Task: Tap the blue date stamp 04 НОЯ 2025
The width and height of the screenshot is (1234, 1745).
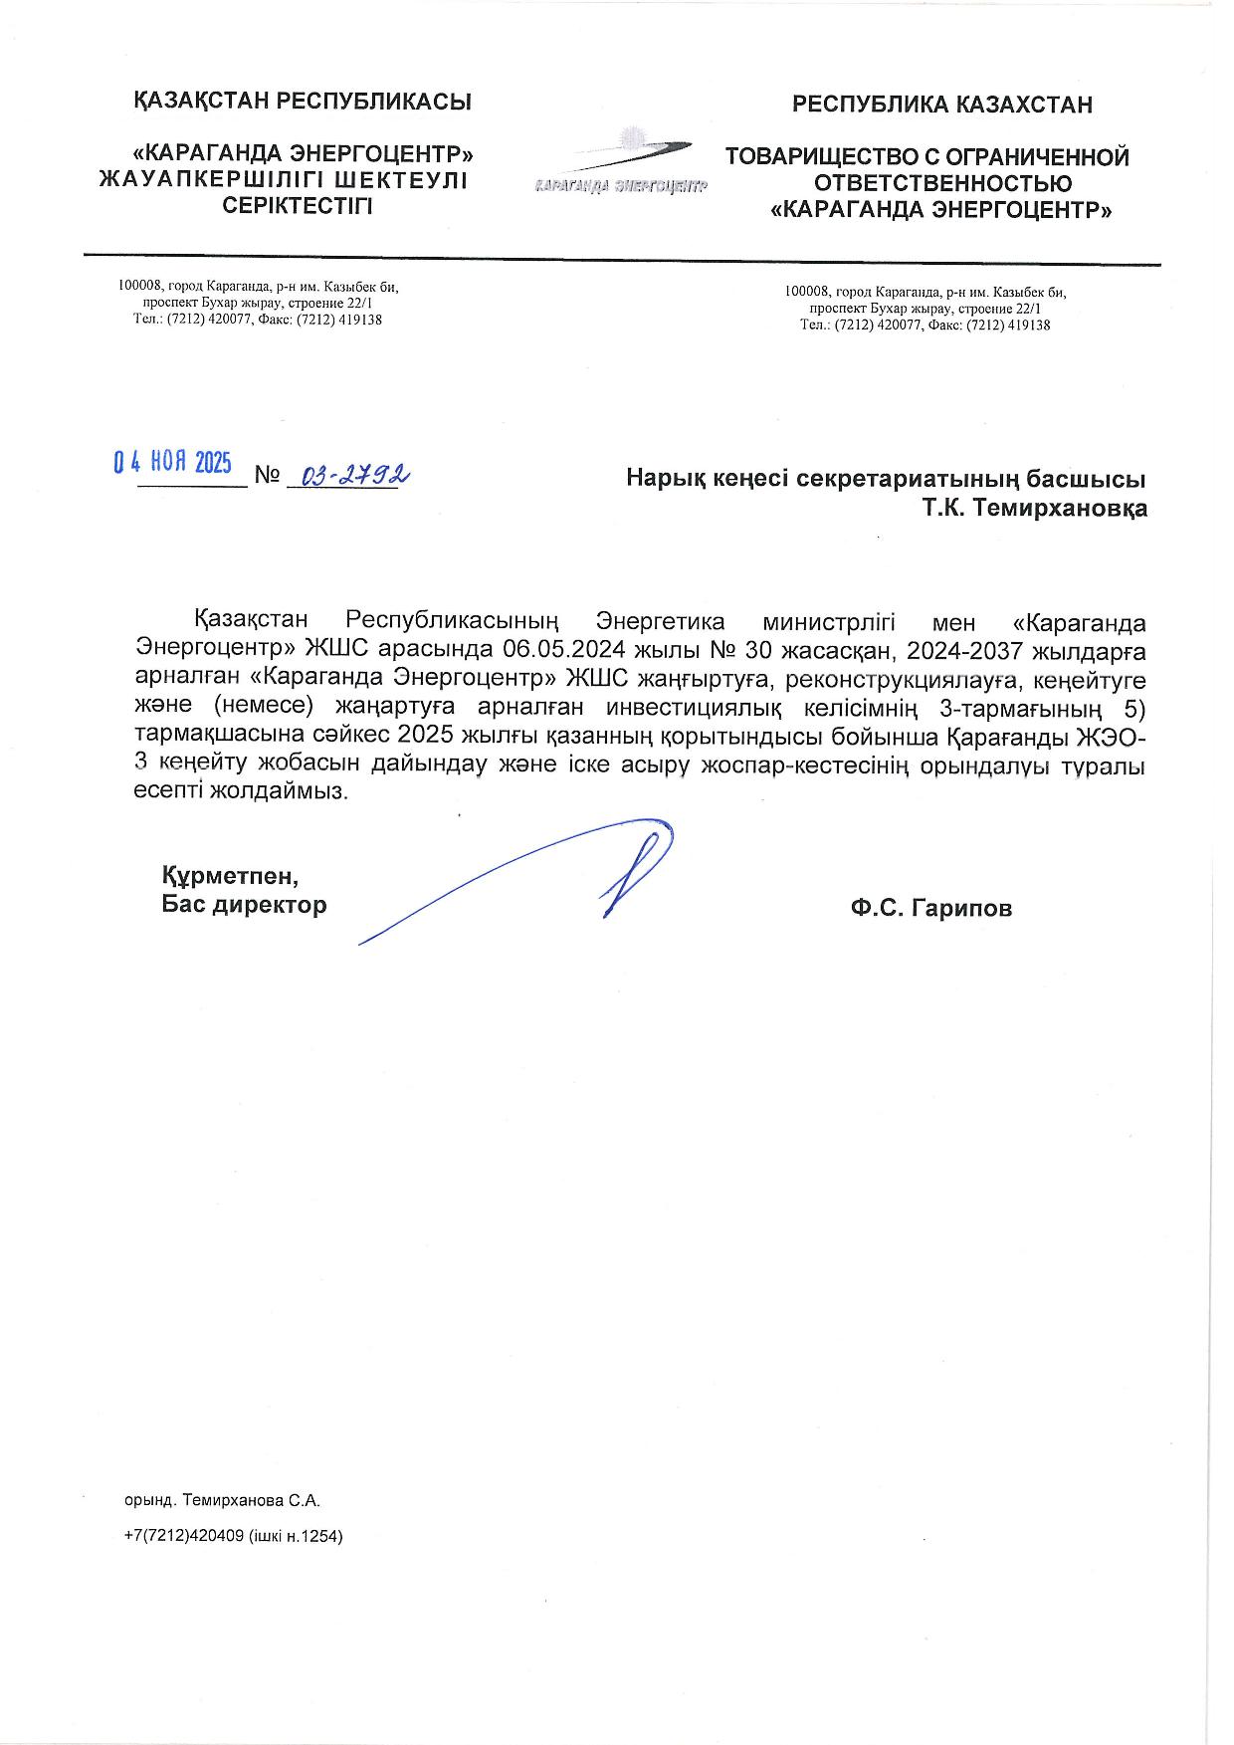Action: [x=172, y=462]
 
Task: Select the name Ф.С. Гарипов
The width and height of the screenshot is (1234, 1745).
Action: [x=930, y=908]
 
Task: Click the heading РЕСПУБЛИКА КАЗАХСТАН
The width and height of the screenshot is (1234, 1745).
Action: [x=941, y=105]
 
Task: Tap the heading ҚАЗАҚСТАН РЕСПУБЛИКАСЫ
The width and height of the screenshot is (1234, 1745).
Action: [x=303, y=102]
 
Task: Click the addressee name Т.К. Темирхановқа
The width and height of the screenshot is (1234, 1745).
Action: [x=1034, y=509]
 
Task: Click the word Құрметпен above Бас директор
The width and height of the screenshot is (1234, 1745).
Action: [x=230, y=877]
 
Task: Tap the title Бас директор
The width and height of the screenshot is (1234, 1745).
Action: [x=244, y=905]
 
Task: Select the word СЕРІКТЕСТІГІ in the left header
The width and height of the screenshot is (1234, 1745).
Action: [x=298, y=206]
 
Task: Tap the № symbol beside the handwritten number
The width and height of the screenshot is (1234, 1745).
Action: [x=267, y=475]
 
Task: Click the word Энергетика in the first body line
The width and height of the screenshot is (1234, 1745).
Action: [x=660, y=623]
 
